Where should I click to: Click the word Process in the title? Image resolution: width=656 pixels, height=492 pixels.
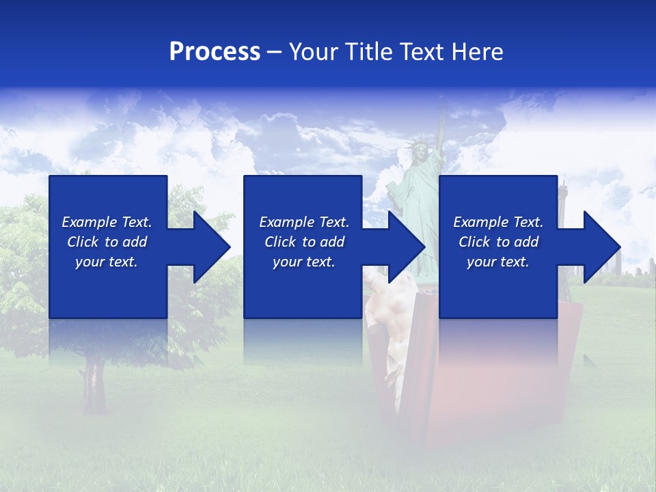coord(215,52)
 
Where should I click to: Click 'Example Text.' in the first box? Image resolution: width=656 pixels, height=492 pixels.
coord(107,222)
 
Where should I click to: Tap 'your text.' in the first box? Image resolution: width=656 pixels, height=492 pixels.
coord(107,262)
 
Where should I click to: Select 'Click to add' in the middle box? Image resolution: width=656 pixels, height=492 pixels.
coord(304,242)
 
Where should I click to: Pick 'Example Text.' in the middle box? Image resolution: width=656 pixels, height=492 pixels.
coord(304,222)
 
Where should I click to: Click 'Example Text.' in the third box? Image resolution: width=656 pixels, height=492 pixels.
coord(498,222)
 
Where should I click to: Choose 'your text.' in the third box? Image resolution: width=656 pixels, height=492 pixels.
coord(498,262)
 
